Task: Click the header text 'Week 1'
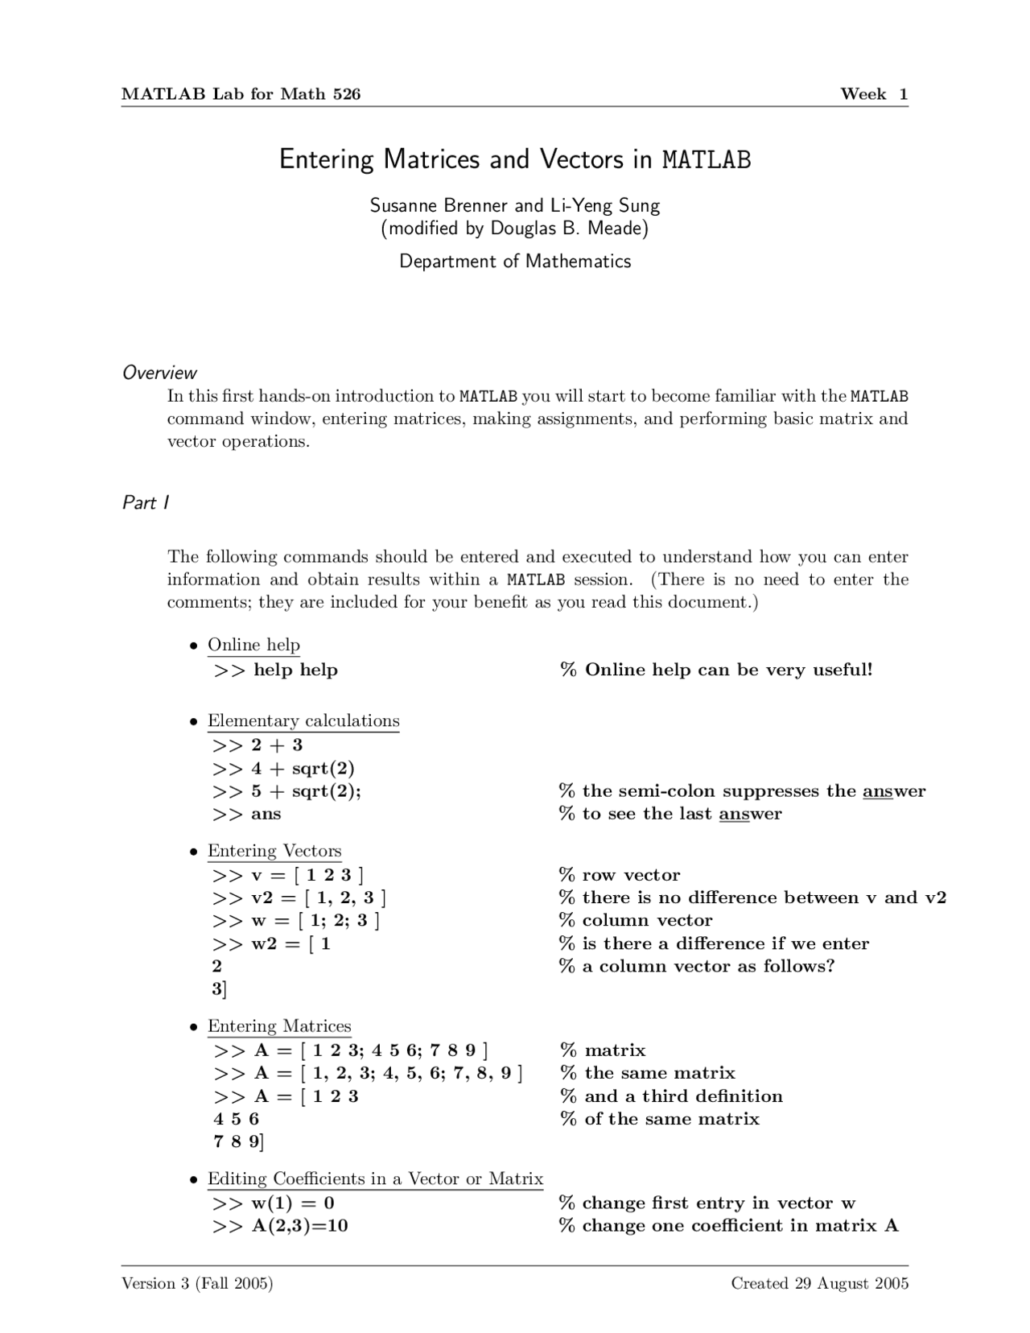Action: [x=874, y=94]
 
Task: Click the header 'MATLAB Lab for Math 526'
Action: [x=241, y=94]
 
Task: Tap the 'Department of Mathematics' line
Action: [x=515, y=262]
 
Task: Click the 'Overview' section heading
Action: [x=159, y=373]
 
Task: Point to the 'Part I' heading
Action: [x=145, y=503]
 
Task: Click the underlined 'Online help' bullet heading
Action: [x=253, y=645]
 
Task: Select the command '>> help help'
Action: [x=275, y=670]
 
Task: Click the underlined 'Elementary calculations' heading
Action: [x=303, y=720]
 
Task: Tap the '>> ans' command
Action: [x=246, y=814]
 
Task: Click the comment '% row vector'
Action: [x=620, y=875]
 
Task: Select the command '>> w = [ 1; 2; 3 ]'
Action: [x=295, y=920]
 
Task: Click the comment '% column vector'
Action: [x=636, y=920]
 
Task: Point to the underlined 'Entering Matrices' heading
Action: [x=279, y=1026]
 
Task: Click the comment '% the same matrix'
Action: [x=648, y=1073]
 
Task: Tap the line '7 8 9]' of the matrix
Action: [x=238, y=1141]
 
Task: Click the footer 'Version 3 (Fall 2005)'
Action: [x=197, y=1283]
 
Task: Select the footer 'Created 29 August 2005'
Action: [x=819, y=1283]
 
